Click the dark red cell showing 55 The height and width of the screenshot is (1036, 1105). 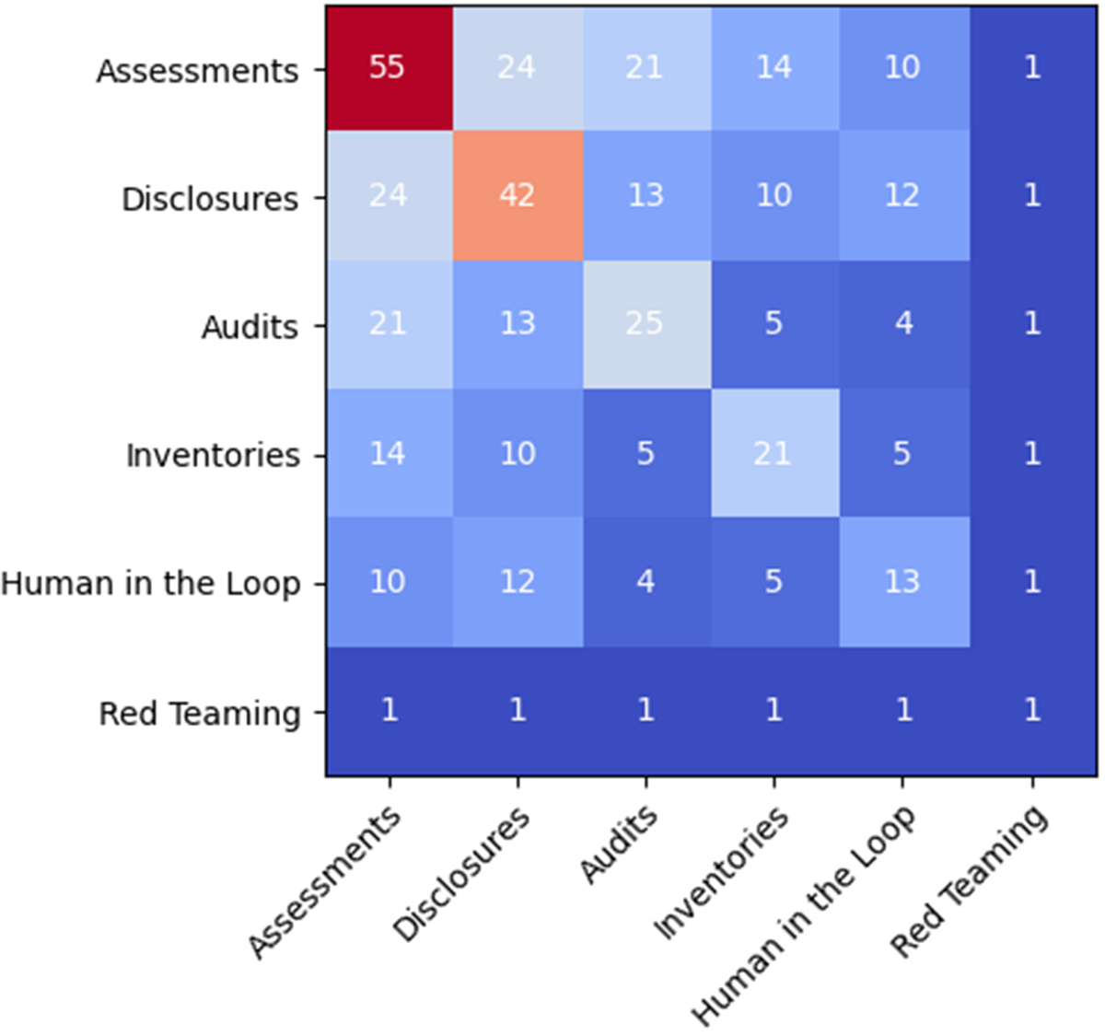click(388, 67)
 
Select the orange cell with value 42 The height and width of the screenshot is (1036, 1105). click(517, 195)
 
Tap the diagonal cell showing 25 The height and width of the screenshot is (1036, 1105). click(645, 324)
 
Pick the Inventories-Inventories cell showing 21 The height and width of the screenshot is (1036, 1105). click(773, 452)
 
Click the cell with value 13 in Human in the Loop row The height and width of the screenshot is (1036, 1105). click(902, 581)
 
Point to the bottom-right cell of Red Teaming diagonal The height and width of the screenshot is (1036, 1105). click(1032, 710)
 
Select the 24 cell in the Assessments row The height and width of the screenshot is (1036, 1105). click(517, 67)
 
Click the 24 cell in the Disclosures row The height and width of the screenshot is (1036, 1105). click(388, 195)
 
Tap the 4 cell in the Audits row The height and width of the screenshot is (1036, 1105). click(902, 324)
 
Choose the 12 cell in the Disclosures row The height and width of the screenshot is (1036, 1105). click(902, 195)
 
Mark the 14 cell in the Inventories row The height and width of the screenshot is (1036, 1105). click(388, 452)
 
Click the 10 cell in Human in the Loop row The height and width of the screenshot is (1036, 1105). click(388, 581)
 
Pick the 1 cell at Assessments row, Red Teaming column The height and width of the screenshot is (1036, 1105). click(1032, 67)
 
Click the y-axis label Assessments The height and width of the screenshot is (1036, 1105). click(197, 71)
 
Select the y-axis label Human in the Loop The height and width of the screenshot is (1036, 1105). click(151, 584)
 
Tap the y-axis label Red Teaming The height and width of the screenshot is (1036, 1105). click(200, 714)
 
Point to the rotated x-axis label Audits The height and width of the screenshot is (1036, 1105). click(620, 844)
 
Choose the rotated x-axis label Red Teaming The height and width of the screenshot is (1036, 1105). click(970, 879)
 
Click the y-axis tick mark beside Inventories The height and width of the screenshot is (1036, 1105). click(320, 455)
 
